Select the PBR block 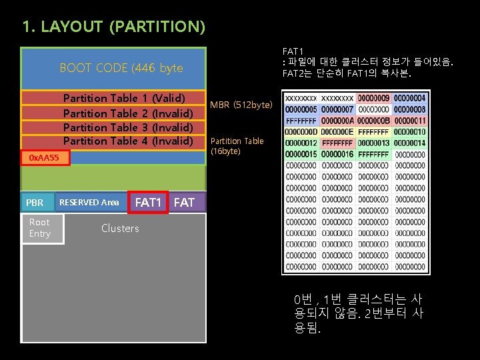click(35, 203)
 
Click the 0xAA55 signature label click(44, 158)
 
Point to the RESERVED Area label click(89, 202)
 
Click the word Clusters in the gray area click(120, 229)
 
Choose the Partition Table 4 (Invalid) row click(127, 141)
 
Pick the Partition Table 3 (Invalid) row click(127, 127)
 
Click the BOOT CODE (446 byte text click(121, 68)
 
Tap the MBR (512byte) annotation click(241, 105)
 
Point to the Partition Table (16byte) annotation click(237, 146)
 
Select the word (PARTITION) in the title click(157, 27)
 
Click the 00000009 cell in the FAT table click(373, 97)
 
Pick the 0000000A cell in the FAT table click(338, 121)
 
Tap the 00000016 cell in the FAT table click(338, 155)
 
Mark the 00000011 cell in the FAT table click(409, 121)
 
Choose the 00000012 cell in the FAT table click(302, 143)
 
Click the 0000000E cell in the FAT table click(338, 132)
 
